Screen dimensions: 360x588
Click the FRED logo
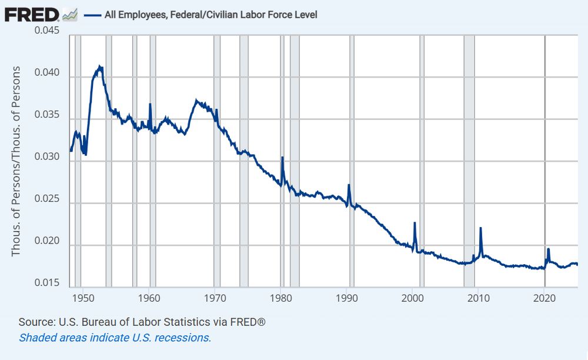click(x=32, y=14)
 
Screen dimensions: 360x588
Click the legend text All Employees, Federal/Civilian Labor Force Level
click(x=211, y=15)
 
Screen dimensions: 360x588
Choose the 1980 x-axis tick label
click(x=281, y=298)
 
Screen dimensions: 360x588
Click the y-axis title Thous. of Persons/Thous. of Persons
click(x=16, y=161)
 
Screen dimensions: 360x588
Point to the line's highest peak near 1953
click(x=100, y=66)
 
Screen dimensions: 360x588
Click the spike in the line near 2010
click(x=480, y=228)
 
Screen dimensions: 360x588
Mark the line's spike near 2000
click(x=415, y=223)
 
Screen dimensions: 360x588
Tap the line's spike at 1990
click(x=349, y=185)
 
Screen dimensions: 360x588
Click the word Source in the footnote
click(x=32, y=322)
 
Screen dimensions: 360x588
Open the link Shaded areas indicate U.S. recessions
click(x=115, y=338)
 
